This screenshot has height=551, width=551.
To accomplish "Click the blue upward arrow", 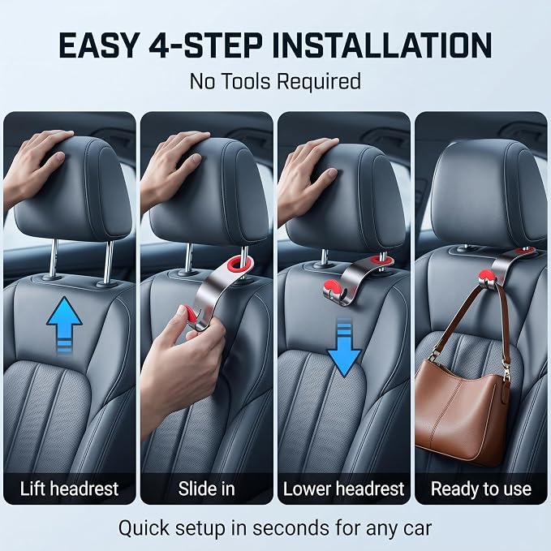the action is tap(64, 323).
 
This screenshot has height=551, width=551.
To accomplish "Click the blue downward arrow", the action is tap(344, 348).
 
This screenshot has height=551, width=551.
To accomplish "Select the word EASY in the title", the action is tap(99, 45).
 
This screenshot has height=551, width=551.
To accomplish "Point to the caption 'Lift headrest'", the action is tap(69, 489).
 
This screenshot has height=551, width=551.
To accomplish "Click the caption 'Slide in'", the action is tap(206, 489).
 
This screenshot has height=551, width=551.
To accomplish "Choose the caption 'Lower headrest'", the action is tap(344, 489).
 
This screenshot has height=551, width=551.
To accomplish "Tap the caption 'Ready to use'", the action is tap(481, 489).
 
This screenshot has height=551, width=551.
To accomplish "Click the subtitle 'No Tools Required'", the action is tap(275, 81).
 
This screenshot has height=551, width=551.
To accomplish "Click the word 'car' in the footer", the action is tap(417, 529).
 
